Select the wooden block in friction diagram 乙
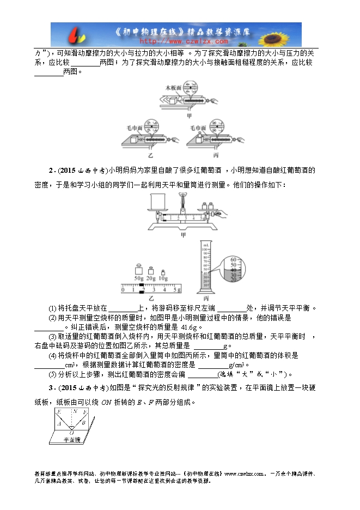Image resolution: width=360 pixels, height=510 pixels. click(134, 139)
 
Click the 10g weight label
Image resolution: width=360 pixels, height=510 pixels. click(163, 279)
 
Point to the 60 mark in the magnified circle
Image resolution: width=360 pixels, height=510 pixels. click(233, 259)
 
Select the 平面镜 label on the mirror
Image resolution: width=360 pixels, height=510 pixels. click(71, 440)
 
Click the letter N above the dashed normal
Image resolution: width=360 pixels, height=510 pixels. click(75, 412)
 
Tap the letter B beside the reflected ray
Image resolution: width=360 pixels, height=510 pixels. click(83, 422)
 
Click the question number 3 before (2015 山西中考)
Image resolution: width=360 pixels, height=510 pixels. click(50, 387)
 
